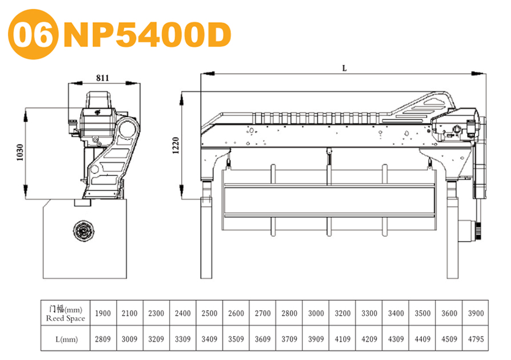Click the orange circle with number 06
33,34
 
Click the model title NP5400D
147,34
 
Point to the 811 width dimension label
102,78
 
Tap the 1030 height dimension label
20,152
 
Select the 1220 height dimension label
175,145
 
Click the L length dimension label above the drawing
345,69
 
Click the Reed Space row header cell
65,313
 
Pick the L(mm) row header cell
65,338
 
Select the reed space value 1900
103,313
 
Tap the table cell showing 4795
476,339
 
